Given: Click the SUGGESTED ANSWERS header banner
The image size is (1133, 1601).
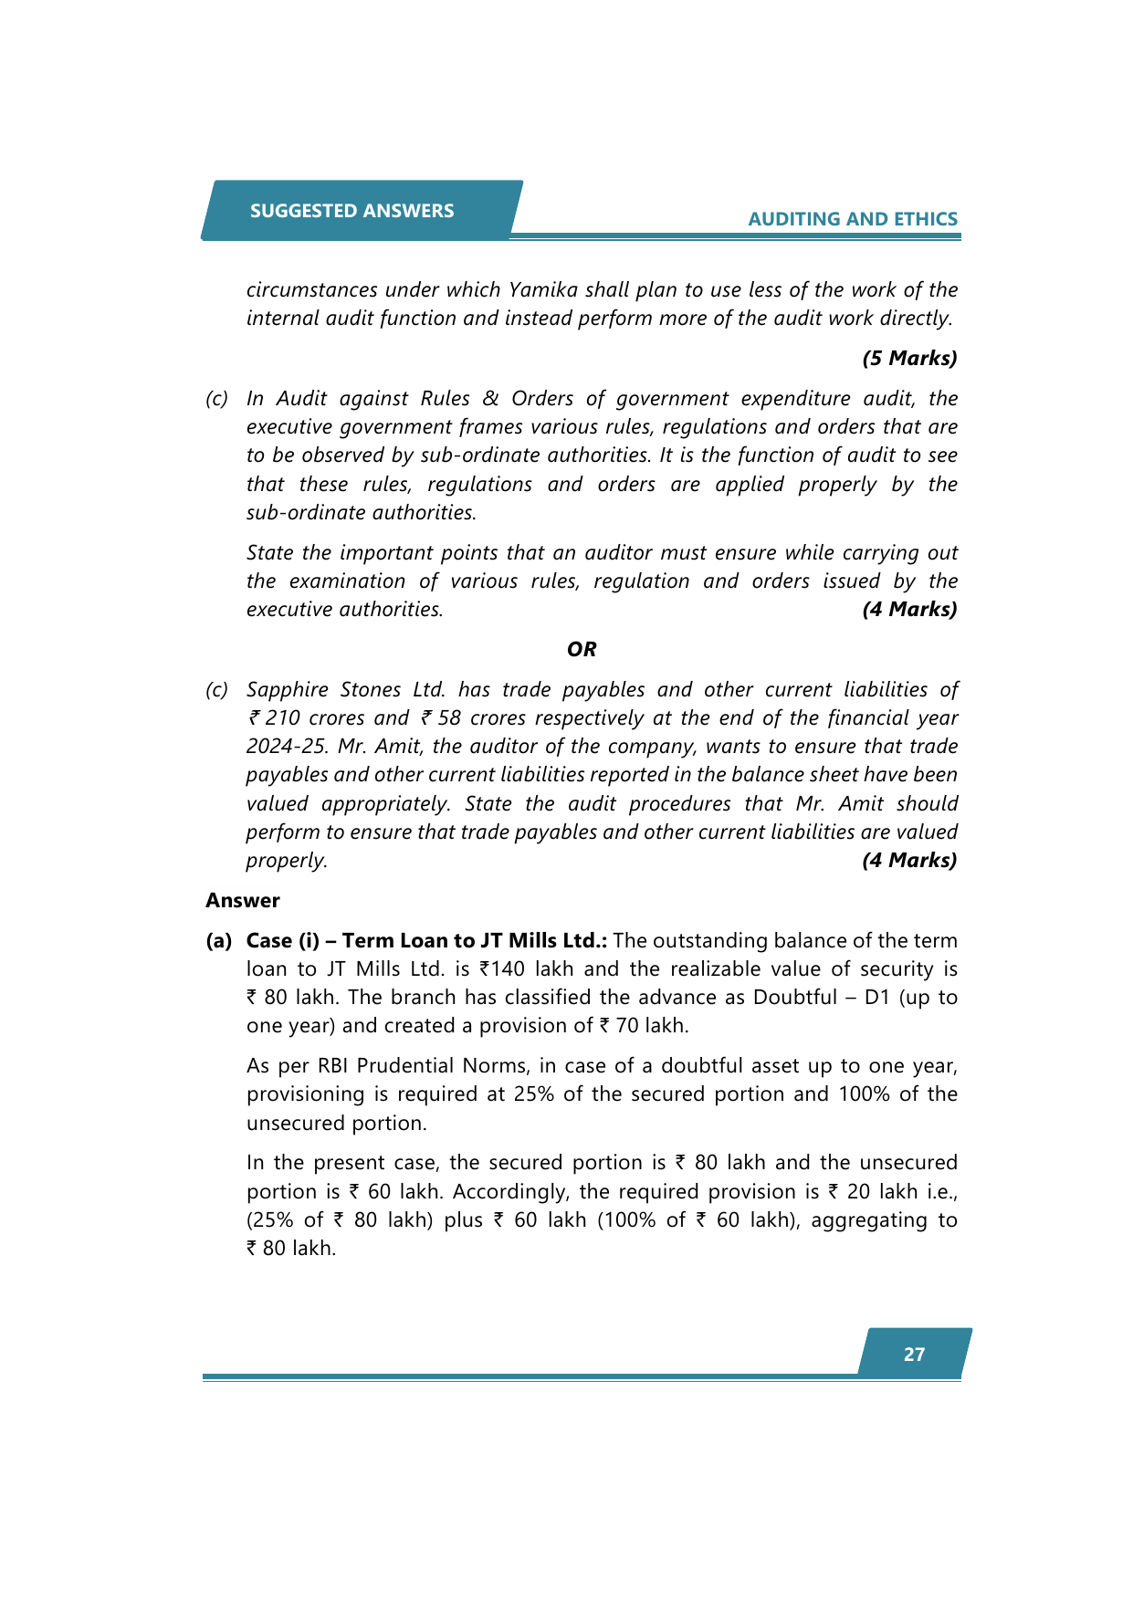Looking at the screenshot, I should [351, 211].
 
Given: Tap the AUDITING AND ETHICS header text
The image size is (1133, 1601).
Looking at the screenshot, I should [853, 219].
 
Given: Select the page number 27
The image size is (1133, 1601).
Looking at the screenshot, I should [914, 1355].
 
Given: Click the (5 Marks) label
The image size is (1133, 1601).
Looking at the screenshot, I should [909, 358].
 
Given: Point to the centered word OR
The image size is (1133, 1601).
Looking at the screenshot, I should [582, 649].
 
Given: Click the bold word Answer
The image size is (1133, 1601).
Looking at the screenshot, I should [243, 900].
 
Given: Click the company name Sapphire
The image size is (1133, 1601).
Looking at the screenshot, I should [287, 689].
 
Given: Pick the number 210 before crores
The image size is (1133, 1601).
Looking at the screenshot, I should [283, 717].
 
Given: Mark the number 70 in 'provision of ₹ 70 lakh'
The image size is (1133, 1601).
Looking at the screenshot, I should [627, 1025].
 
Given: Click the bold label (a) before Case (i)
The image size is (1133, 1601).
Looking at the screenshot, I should [219, 940].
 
